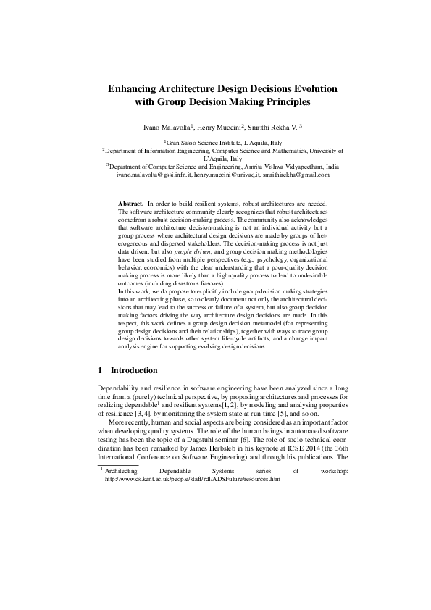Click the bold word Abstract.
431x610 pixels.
[130, 205]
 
